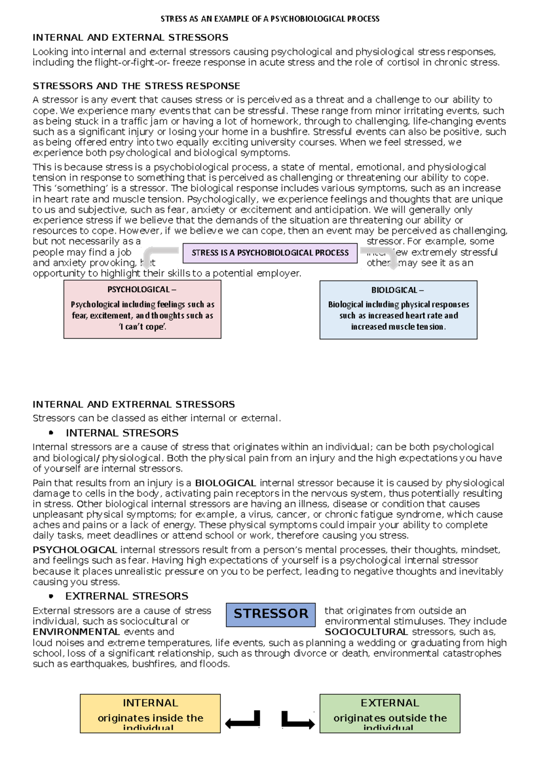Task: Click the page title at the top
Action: point(270,19)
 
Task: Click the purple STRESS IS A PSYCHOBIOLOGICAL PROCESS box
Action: point(270,253)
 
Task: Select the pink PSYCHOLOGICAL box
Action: point(142,309)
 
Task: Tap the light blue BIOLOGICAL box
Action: point(399,310)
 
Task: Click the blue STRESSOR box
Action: point(270,614)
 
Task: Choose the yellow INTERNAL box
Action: point(150,713)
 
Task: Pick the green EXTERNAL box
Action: point(390,713)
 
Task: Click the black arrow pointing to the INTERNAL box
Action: point(243,720)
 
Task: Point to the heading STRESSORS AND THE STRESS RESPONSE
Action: point(136,86)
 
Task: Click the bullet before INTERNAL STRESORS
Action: point(51,433)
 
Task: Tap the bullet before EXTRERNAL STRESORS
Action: point(51,596)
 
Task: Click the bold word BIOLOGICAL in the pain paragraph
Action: point(225,483)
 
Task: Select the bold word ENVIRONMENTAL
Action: point(76,632)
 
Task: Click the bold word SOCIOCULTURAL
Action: point(366,632)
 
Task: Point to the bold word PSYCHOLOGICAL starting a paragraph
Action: point(75,550)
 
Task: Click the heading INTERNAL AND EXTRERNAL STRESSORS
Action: point(133,405)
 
